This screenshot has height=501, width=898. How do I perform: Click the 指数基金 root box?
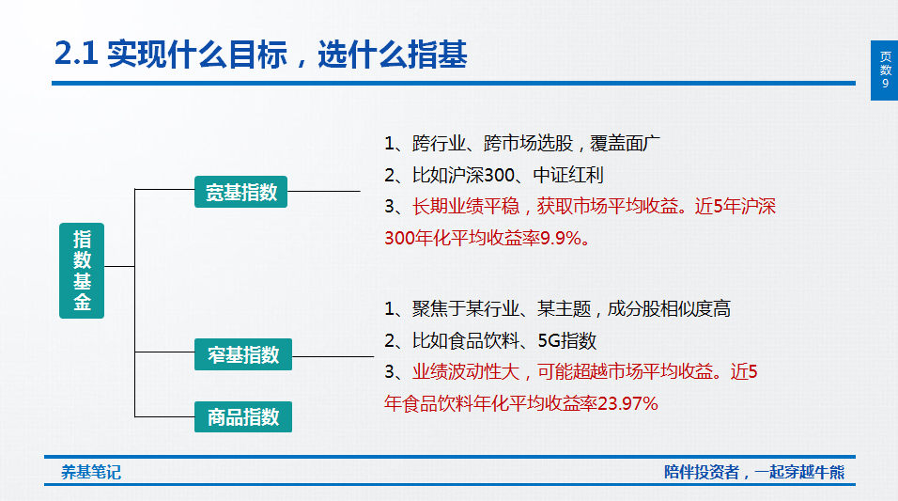coord(82,271)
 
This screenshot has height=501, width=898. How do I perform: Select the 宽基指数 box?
coord(240,192)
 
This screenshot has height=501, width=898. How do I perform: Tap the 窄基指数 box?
coord(243,354)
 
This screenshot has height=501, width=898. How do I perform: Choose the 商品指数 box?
coord(243,416)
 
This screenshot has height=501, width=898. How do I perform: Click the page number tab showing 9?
coord(884,70)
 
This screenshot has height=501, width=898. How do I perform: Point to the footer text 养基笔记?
coord(91,473)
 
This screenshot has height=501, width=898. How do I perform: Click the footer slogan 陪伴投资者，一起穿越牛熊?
coord(754,473)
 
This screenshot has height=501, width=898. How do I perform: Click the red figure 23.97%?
coord(627,403)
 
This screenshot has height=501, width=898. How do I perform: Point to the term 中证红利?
coord(568,175)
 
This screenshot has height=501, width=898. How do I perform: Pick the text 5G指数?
coord(567,341)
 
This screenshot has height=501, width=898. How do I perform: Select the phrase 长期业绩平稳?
coord(466,207)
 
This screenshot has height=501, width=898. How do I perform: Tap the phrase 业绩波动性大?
coord(466,372)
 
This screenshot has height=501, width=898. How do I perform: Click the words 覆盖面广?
coord(625,143)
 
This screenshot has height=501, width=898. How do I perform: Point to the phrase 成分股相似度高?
coord(669,309)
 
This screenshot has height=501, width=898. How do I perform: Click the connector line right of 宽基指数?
coord(323,191)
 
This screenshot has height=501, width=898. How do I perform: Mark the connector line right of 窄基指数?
coord(333,356)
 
